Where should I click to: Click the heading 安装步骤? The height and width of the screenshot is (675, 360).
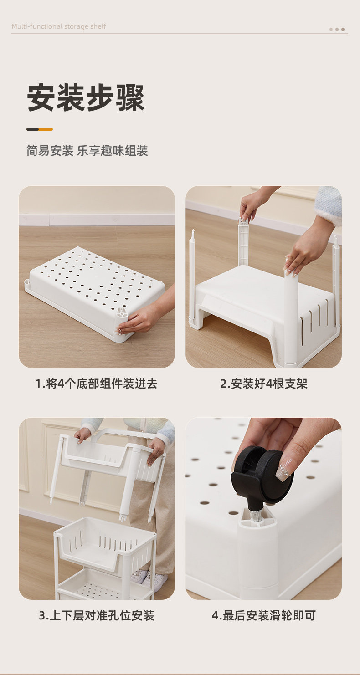[86, 98]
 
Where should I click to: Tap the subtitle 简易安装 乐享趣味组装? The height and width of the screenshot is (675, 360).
[87, 151]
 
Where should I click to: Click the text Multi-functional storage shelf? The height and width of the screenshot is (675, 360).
[58, 26]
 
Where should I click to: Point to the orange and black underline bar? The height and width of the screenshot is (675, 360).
[40, 129]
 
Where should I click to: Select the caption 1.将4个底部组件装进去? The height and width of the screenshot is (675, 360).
[97, 384]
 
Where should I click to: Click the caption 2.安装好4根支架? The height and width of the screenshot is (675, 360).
[264, 384]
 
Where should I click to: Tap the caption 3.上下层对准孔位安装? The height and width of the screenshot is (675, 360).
[97, 615]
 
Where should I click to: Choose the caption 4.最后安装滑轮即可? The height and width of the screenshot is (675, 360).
[264, 615]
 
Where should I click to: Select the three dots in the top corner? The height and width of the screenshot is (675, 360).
[337, 29]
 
